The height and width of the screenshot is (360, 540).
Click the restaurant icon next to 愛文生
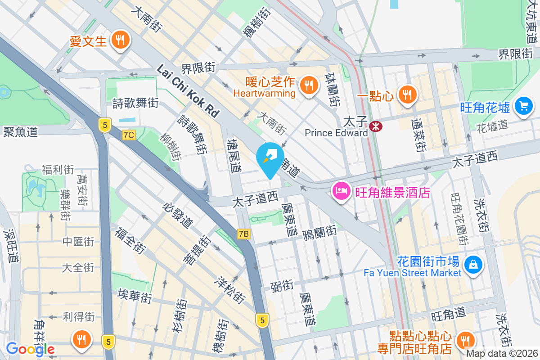[120, 40]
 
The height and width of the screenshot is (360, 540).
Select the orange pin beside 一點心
[407, 94]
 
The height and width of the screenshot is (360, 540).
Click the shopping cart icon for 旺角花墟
[523, 106]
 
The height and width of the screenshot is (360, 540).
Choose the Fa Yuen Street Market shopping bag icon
[473, 264]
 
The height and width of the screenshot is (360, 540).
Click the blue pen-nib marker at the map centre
[270, 158]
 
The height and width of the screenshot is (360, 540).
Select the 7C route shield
[128, 135]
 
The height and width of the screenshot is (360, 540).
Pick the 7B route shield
[243, 234]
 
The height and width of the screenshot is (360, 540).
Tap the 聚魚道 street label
[20, 131]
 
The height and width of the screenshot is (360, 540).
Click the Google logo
[30, 349]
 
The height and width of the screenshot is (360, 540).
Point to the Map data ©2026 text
[502, 354]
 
